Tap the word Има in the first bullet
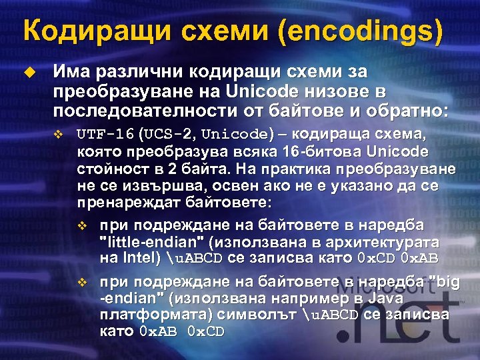pos(71,71)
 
